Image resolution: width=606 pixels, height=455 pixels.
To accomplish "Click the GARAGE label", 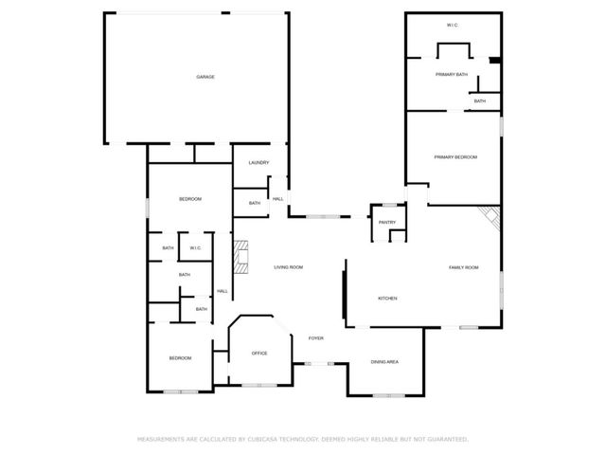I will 205,77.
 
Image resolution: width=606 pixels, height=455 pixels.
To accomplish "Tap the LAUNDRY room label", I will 259,163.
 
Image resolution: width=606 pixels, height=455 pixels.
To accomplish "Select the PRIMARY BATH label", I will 452,74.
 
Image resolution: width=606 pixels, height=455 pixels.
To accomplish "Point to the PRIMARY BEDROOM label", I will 454,156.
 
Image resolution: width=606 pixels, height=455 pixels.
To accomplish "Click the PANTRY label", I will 386,223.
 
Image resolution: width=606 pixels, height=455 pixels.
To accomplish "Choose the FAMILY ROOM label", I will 464,268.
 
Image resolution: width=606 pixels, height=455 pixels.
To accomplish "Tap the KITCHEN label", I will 387,299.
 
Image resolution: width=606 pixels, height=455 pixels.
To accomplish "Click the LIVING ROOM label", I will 289,268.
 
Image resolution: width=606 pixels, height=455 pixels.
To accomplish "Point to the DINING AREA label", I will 383,362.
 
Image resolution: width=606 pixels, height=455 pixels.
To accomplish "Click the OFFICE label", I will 259,354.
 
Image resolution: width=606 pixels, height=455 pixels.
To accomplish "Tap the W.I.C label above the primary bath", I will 452,25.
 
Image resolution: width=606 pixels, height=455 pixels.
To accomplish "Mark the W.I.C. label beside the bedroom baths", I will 195,248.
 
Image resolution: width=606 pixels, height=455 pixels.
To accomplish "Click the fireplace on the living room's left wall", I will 242,257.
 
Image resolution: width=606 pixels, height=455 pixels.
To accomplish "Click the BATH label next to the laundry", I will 255,203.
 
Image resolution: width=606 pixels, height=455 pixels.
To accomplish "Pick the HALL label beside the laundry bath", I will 278,199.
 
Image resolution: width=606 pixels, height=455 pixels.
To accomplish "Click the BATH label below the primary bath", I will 480,101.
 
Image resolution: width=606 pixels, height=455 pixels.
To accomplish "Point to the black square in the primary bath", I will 493,63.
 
